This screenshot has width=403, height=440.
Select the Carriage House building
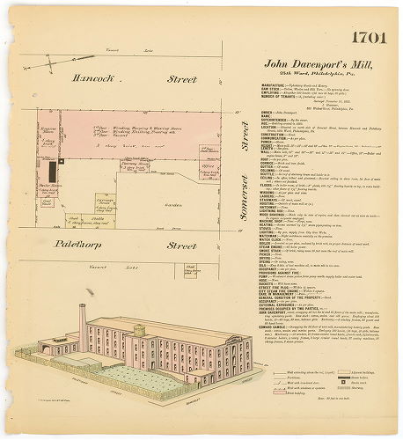[104, 202]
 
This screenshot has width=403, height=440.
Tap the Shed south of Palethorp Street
[190, 271]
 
